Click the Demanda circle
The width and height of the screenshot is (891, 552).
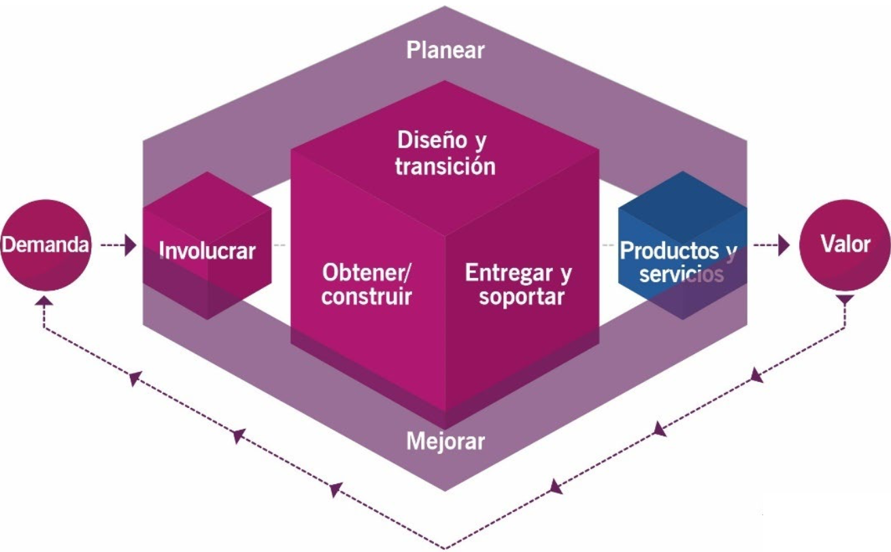pyautogui.click(x=46, y=245)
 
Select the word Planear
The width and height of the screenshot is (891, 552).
pyautogui.click(x=445, y=50)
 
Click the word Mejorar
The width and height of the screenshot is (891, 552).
pyautogui.click(x=445, y=441)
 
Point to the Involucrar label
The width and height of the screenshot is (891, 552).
pyautogui.click(x=207, y=250)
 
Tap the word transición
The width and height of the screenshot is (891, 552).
pyautogui.click(x=445, y=166)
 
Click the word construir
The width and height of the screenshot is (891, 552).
pyautogui.click(x=367, y=297)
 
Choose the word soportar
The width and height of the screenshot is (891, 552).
pyautogui.click(x=522, y=297)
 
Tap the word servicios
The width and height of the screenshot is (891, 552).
pyautogui.click(x=681, y=275)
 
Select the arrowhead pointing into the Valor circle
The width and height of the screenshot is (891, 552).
pyautogui.click(x=784, y=245)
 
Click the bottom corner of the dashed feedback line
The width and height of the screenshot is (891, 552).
pyautogui.click(x=445, y=547)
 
